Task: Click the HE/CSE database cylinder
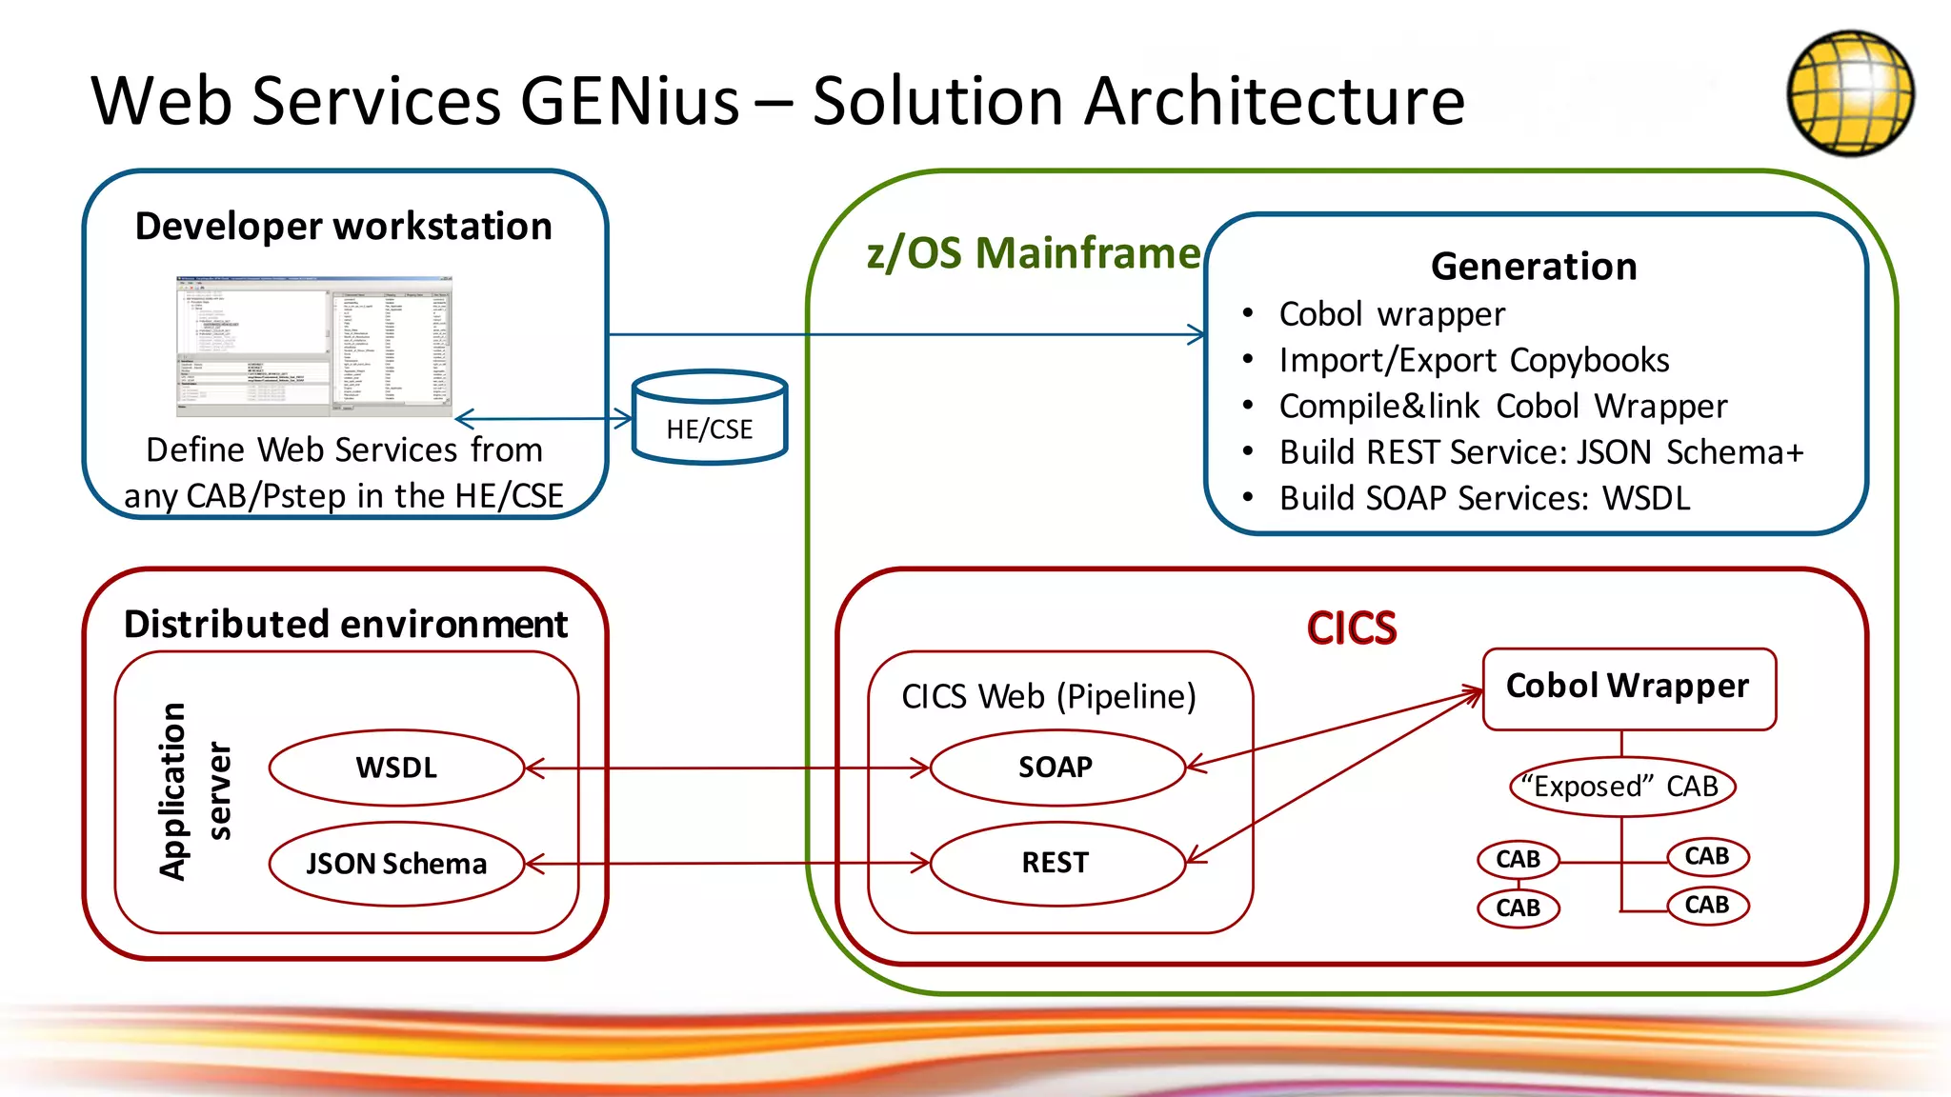point(710,419)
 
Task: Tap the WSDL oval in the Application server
point(396,768)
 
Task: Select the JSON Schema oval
point(396,864)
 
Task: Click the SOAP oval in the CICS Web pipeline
point(1056,768)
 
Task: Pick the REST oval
point(1056,863)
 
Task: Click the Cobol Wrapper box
point(1628,688)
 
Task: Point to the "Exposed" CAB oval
point(1621,787)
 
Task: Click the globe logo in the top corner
point(1849,93)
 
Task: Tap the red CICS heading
point(1351,629)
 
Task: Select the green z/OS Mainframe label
point(1033,253)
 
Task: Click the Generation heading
point(1534,267)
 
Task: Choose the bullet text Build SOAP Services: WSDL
point(1484,498)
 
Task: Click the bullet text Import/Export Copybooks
point(1474,360)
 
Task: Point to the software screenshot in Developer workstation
point(314,347)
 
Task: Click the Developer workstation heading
point(344,227)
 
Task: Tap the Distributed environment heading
point(346,625)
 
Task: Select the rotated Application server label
point(194,791)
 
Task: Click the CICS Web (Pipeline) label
point(1049,696)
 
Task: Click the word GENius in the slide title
point(630,101)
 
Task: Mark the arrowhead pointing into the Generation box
point(1197,334)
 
